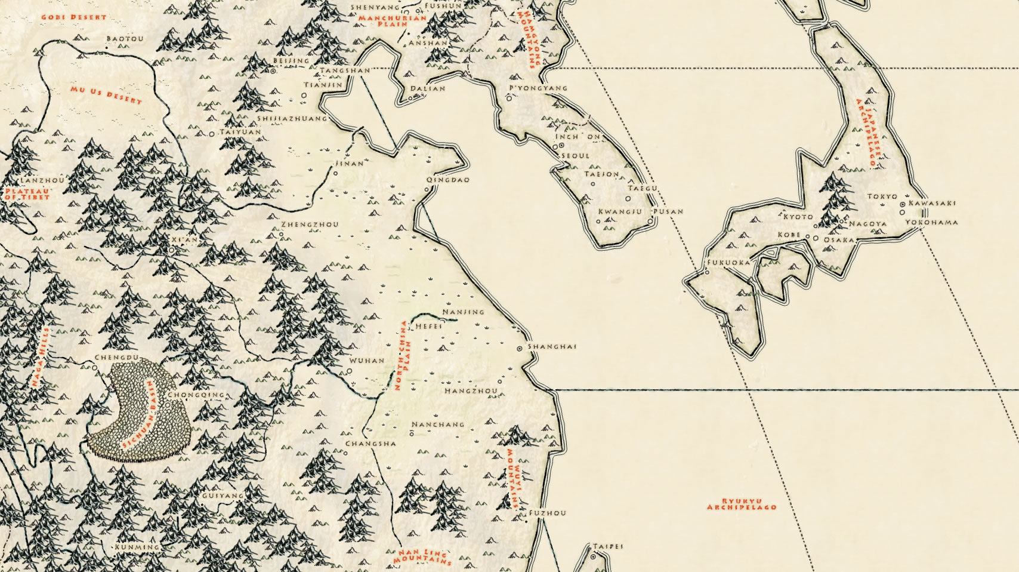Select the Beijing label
point(291,61)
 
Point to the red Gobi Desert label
point(73,17)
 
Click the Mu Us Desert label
point(106,95)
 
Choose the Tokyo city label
point(882,196)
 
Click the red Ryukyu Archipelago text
point(742,504)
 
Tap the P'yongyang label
point(538,88)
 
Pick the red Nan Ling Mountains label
point(422,558)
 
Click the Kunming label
point(137,547)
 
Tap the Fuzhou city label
point(548,513)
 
